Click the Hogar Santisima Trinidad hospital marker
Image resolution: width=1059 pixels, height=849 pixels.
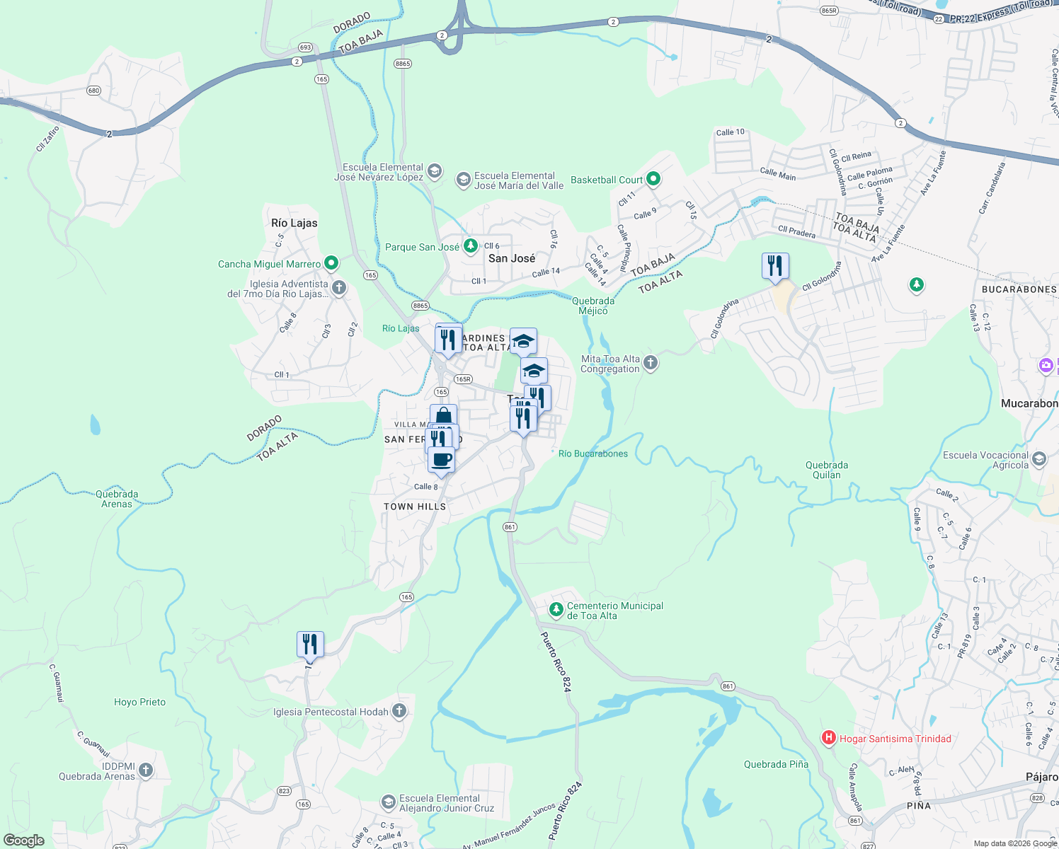point(828,739)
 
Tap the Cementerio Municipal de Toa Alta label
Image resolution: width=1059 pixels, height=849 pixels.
point(614,611)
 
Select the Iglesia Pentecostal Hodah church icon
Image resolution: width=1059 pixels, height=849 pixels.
point(399,711)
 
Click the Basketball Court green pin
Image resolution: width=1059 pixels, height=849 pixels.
point(653,180)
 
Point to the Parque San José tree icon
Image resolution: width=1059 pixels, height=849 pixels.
point(470,246)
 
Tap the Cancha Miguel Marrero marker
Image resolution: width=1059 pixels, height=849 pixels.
point(331,264)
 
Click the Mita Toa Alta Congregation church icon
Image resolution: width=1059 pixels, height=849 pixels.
point(651,363)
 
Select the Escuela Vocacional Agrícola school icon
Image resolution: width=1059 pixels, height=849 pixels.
point(1038,459)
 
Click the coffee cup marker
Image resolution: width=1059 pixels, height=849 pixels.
point(441,460)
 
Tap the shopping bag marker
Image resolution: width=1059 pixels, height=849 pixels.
point(443,415)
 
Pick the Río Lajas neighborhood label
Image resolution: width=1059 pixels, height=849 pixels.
point(294,223)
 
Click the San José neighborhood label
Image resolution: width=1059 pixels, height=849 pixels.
point(512,258)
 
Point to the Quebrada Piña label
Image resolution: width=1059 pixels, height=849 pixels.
point(776,764)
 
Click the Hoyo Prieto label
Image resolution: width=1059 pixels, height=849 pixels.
point(139,702)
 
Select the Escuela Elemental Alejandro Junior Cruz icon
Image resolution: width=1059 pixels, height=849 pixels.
point(388,802)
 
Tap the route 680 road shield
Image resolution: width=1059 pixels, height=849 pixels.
point(93,91)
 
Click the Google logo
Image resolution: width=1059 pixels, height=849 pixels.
point(24,841)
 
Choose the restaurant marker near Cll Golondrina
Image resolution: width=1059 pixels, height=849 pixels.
point(775,266)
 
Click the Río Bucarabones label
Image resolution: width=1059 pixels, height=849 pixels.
point(593,454)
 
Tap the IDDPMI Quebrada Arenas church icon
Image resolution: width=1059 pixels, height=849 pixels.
point(146,770)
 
